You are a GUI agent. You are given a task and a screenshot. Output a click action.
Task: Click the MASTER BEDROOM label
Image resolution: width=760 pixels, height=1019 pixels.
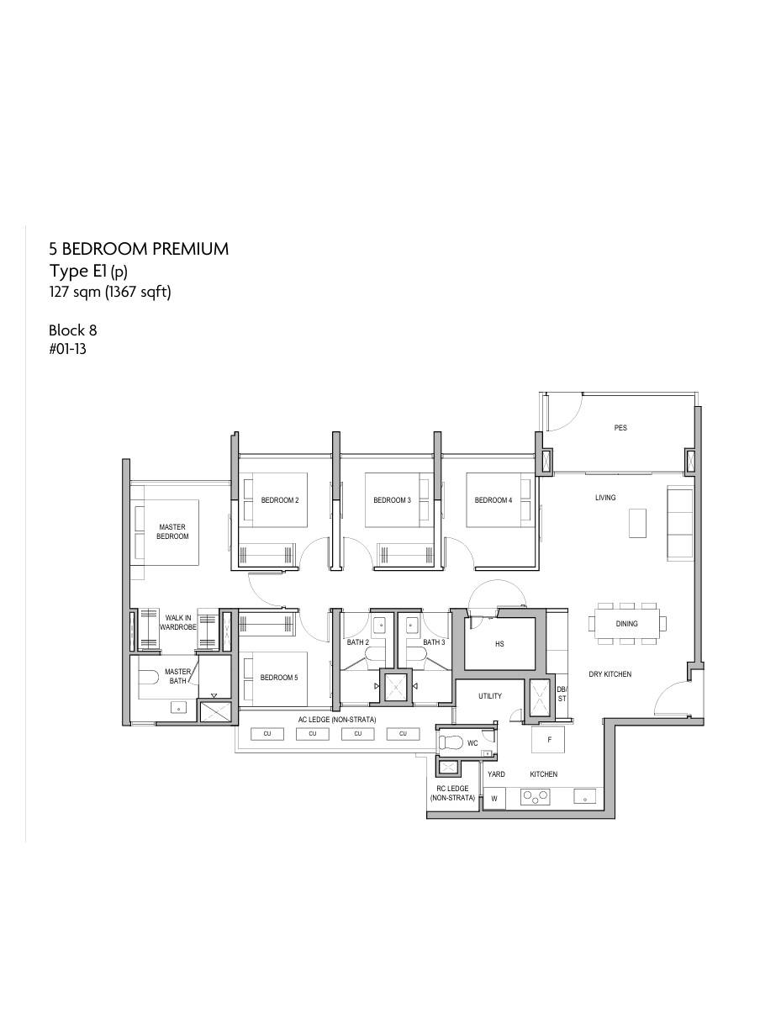[x=172, y=532]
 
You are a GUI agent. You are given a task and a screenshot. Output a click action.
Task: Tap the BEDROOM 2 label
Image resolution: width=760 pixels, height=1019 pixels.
[x=280, y=500]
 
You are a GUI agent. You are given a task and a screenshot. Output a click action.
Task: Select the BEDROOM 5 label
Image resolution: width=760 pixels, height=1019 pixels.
[x=278, y=678]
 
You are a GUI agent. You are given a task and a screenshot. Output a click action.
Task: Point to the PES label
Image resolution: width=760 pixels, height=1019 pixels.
[x=620, y=428]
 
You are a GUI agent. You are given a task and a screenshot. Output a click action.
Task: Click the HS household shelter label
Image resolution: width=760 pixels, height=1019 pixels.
[x=499, y=644]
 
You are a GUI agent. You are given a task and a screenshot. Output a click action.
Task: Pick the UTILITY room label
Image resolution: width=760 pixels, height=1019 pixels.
[x=490, y=696]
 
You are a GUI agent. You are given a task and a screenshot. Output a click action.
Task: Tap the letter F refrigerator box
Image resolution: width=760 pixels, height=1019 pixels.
[x=549, y=740]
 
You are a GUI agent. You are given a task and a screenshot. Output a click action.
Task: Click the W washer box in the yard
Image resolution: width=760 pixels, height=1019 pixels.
[x=494, y=798]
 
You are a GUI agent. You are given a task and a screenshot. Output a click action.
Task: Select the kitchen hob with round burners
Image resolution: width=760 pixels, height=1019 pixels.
[x=536, y=796]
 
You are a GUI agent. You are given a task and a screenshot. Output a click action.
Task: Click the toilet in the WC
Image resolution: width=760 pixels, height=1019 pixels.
[x=451, y=743]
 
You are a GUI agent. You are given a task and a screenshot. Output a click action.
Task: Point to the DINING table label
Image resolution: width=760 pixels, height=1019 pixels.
[x=626, y=624]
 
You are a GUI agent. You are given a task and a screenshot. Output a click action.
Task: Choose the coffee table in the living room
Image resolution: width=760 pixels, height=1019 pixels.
[x=637, y=522]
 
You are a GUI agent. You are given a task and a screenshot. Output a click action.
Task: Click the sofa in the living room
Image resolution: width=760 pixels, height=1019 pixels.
[x=680, y=523]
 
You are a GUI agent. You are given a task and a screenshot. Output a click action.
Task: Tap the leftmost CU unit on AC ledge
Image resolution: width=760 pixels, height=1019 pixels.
[x=267, y=734]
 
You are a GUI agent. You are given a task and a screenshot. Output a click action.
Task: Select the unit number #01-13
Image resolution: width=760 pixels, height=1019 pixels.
[x=67, y=349]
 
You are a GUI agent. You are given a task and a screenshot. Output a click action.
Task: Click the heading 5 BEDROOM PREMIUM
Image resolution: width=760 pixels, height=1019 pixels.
[x=139, y=249]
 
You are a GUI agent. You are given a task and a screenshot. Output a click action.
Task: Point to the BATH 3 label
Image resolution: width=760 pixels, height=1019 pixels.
[x=434, y=643]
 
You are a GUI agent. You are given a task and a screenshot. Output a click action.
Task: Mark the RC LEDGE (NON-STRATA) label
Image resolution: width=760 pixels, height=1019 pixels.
[x=452, y=793]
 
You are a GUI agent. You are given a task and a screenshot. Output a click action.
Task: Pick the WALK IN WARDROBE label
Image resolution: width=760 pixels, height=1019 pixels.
[x=178, y=623]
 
